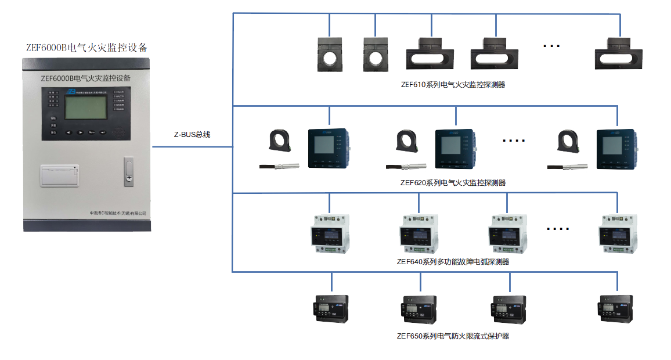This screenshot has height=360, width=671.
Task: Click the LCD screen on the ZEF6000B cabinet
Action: click(86, 107)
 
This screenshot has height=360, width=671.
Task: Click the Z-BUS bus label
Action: click(192, 134)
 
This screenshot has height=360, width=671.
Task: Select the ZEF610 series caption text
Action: click(453, 84)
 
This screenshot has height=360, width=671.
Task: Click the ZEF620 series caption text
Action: click(453, 182)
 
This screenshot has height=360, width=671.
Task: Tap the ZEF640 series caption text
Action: click(453, 261)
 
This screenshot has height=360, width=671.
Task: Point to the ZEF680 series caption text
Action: click(453, 336)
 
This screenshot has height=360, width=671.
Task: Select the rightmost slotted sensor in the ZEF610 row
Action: click(620, 53)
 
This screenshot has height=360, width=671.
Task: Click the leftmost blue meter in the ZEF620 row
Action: click(329, 149)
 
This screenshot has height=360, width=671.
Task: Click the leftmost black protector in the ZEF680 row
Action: click(331, 308)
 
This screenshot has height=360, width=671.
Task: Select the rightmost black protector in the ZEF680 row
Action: click(616, 308)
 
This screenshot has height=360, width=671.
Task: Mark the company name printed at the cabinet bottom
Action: click(116, 214)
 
